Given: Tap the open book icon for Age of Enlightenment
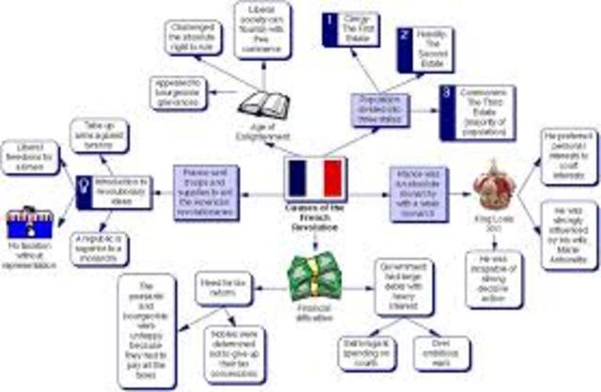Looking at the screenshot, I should tap(260, 105).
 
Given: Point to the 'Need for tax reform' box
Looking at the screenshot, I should tap(222, 287).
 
